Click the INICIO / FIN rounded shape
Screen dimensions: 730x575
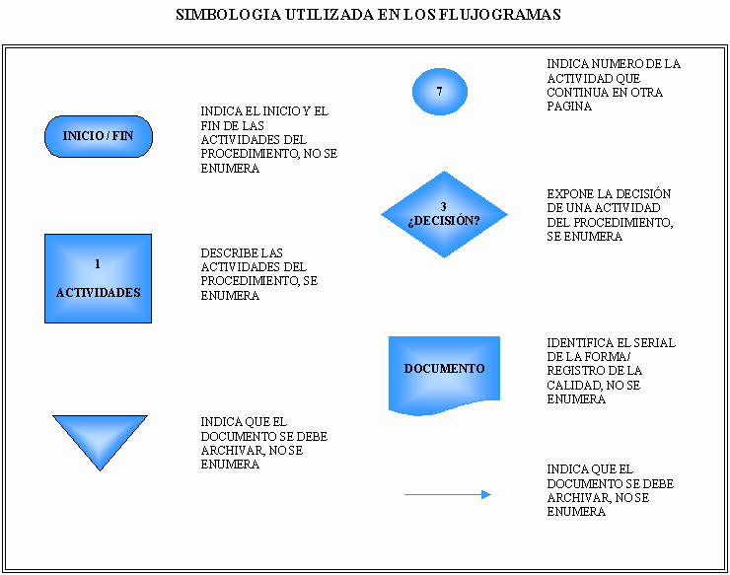(x=99, y=136)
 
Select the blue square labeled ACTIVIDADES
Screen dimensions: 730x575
(x=99, y=278)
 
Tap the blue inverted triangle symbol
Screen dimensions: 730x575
(x=100, y=438)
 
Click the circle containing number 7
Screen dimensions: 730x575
(x=440, y=92)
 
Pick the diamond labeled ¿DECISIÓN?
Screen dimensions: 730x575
(x=444, y=214)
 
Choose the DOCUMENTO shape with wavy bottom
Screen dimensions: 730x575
(x=444, y=375)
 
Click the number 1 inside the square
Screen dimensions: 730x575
(x=98, y=264)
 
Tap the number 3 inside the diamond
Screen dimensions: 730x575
(x=443, y=206)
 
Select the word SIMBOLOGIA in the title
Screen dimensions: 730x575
(x=228, y=15)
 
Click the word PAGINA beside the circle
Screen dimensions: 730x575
(x=569, y=107)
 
